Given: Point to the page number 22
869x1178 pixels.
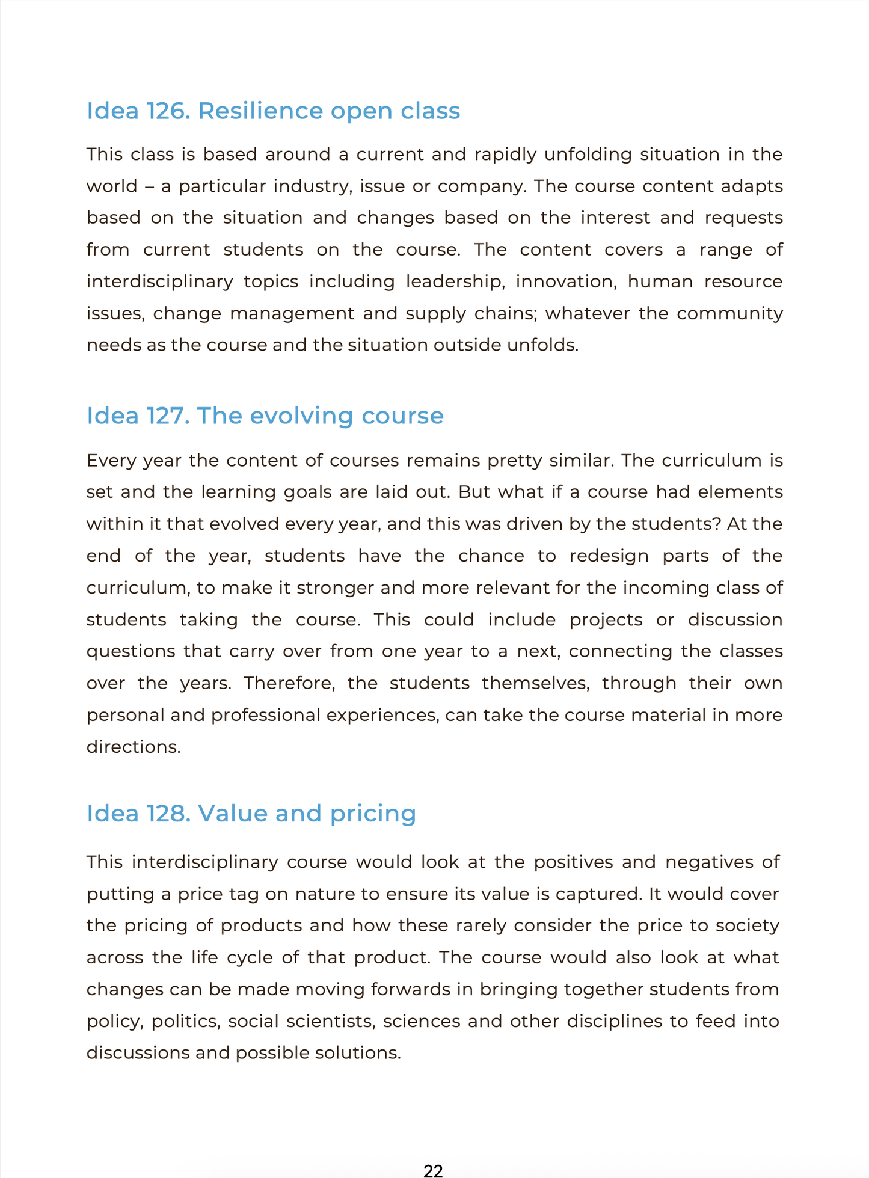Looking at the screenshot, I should click(x=433, y=1170).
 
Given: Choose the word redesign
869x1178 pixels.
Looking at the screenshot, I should click(x=609, y=556).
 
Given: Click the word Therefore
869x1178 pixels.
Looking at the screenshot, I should click(x=289, y=684).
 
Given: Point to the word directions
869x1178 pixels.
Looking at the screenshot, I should click(x=134, y=747).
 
